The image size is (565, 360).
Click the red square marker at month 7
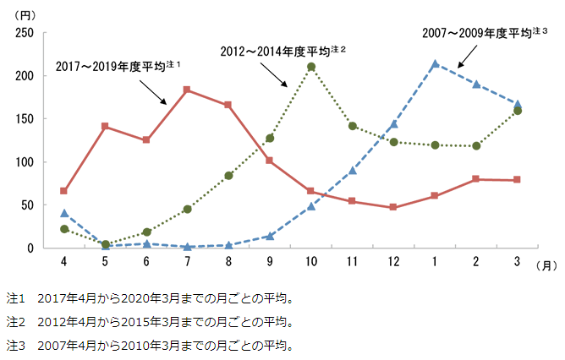click(187, 90)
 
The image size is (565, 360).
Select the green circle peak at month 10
click(311, 67)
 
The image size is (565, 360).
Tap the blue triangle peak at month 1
click(435, 64)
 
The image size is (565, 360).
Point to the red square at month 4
click(64, 191)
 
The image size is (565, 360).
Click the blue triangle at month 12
click(393, 124)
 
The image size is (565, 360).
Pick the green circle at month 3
click(518, 111)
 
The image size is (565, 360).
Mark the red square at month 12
click(393, 207)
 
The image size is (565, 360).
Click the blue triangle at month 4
click(64, 214)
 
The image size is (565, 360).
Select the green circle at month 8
click(228, 176)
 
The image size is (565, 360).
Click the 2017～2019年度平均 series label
click(118, 64)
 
